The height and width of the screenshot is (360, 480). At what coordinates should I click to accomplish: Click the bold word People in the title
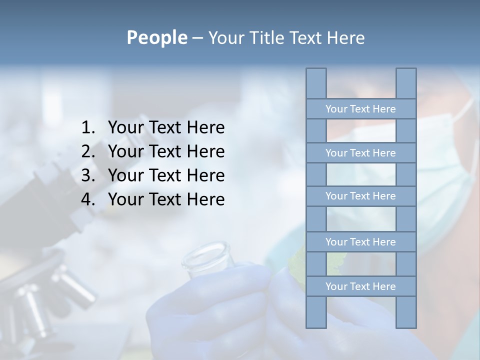click(x=156, y=37)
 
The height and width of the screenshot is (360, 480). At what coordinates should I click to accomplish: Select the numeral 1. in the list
click(x=88, y=128)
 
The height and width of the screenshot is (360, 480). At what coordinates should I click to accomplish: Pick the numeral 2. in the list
click(x=88, y=151)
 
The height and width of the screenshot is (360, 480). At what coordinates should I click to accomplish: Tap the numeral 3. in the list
click(x=88, y=175)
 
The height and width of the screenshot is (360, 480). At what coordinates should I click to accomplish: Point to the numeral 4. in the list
click(x=88, y=199)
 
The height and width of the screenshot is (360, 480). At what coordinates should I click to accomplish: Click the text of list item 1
click(x=166, y=128)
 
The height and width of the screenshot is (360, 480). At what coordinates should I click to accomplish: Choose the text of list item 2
click(x=166, y=151)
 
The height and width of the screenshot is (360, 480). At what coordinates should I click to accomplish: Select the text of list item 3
click(x=166, y=175)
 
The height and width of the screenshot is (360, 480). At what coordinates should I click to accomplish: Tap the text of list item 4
click(x=166, y=199)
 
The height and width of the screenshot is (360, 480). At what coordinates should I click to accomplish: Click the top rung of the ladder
click(x=360, y=109)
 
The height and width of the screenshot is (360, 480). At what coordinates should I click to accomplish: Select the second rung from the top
click(x=360, y=153)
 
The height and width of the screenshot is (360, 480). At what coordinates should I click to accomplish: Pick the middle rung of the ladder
click(x=360, y=196)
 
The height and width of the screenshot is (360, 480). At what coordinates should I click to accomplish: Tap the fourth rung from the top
click(x=360, y=242)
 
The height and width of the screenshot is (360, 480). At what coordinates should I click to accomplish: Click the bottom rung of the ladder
click(x=360, y=286)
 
